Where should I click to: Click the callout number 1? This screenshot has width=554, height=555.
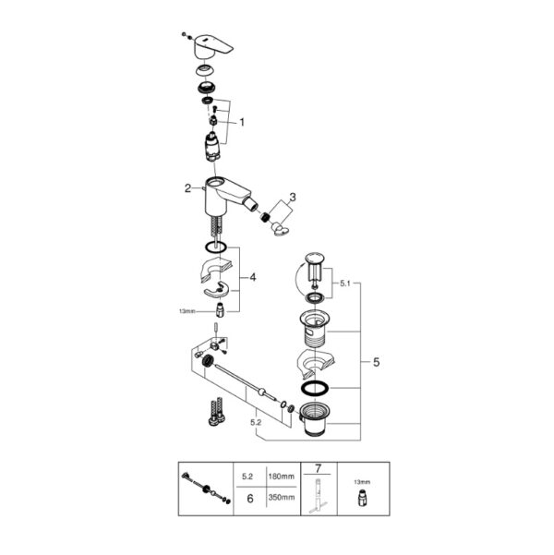[x=242, y=123]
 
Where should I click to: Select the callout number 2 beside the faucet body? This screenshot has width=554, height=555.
[x=187, y=188]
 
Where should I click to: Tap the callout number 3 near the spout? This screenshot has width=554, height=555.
[x=293, y=197]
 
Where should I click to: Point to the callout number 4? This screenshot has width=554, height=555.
[x=253, y=277]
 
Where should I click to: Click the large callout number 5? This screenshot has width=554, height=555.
[x=377, y=362]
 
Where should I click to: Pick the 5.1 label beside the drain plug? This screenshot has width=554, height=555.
[x=344, y=284]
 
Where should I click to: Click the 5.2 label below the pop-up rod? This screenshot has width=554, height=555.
[x=256, y=422]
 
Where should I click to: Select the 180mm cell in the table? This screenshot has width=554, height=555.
[x=281, y=477]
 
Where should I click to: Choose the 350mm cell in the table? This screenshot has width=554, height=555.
[x=281, y=498]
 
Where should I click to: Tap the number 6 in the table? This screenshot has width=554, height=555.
[x=250, y=499]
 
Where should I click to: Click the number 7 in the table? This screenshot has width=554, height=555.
[x=318, y=468]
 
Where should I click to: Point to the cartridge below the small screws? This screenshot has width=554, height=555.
[x=212, y=147]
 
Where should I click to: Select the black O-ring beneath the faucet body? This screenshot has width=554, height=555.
[x=215, y=247]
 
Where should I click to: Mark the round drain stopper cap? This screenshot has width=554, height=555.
[x=314, y=257]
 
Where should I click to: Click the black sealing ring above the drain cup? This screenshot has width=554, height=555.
[x=314, y=388]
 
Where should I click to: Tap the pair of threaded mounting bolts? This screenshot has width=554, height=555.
[x=217, y=411]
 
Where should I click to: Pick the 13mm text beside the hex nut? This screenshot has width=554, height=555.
[x=187, y=312]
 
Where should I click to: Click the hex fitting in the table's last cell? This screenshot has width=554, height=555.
[x=361, y=498]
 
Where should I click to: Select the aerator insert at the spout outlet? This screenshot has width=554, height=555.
[x=265, y=217]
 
